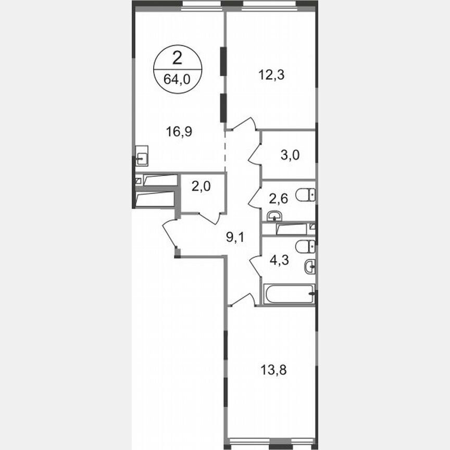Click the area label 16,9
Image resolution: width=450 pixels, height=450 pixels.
[x=179, y=132]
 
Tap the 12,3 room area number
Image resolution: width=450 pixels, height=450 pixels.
[x=271, y=74]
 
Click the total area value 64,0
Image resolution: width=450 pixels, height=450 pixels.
[x=177, y=81]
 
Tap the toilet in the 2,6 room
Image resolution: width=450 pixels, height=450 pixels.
[x=305, y=195]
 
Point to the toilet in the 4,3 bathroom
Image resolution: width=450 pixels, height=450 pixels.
[x=305, y=246]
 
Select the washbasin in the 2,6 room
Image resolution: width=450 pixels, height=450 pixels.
[x=274, y=216]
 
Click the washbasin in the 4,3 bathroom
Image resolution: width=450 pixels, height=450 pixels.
[x=310, y=267]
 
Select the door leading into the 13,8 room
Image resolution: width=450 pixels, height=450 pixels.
[x=243, y=299]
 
